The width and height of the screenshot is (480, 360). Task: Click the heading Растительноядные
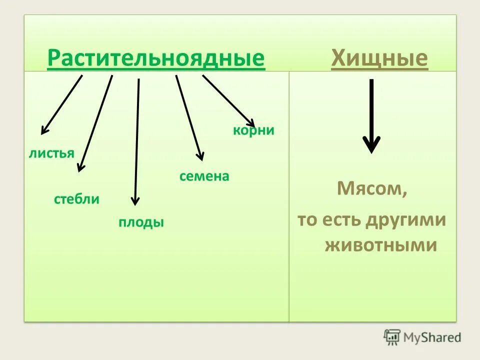[x=156, y=58]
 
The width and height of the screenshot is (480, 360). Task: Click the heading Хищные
[x=379, y=58]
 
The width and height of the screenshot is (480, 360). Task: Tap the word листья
[x=51, y=153]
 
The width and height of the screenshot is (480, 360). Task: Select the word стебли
[x=76, y=199]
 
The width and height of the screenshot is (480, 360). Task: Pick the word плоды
[x=141, y=222]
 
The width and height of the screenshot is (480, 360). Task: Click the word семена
[x=204, y=176]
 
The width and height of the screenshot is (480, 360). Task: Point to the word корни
[x=253, y=130]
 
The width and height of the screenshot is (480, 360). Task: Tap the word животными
[x=381, y=246]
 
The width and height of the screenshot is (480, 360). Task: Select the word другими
[x=405, y=220]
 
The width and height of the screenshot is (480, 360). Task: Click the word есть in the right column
[x=340, y=220]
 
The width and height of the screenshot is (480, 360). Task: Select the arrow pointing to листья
[x=61, y=104]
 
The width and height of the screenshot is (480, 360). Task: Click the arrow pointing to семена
[x=189, y=117]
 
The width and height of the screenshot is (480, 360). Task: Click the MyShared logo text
[x=433, y=337]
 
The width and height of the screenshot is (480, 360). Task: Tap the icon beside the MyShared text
[x=392, y=337]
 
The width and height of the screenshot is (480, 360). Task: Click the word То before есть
[x=307, y=220]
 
